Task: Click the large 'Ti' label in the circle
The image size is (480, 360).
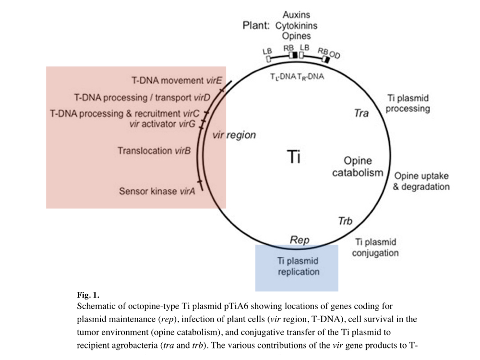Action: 294,157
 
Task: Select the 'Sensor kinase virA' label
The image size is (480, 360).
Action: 157,192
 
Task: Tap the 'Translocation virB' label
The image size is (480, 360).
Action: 154,151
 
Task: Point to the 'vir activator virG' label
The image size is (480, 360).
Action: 161,124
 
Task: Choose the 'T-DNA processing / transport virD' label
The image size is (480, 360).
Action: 142,97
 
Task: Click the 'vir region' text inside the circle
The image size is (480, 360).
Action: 234,135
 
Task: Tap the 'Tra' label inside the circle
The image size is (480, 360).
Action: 361,114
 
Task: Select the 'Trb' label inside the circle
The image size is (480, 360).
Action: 346,221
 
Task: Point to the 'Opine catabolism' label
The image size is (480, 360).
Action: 358,167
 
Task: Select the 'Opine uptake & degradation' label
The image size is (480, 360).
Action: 421,181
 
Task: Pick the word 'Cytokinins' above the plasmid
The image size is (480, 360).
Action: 296,25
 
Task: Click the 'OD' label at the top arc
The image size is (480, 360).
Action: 335,56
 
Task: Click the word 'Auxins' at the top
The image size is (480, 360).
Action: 296,15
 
